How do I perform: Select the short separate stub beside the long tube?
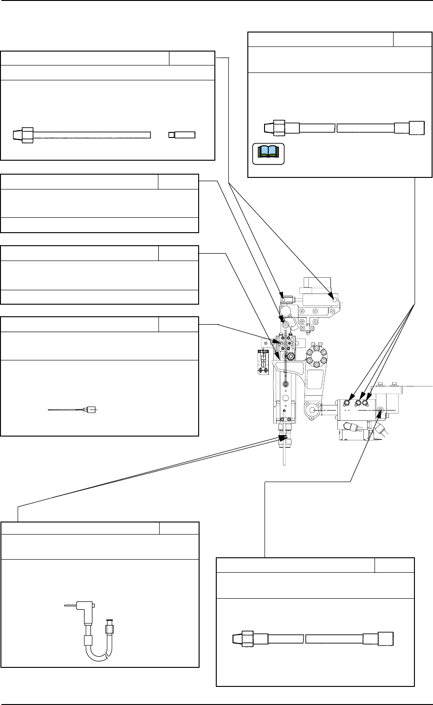(181, 135)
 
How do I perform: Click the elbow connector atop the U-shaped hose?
(85, 606)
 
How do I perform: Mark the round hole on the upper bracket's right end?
(335, 300)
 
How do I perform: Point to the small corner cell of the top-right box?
(412, 39)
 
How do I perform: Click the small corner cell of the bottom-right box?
(394, 565)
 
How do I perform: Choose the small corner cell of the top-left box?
(192, 59)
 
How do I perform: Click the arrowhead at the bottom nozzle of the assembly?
(281, 437)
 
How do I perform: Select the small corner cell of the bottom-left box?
(179, 528)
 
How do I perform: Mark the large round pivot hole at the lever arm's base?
(312, 411)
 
